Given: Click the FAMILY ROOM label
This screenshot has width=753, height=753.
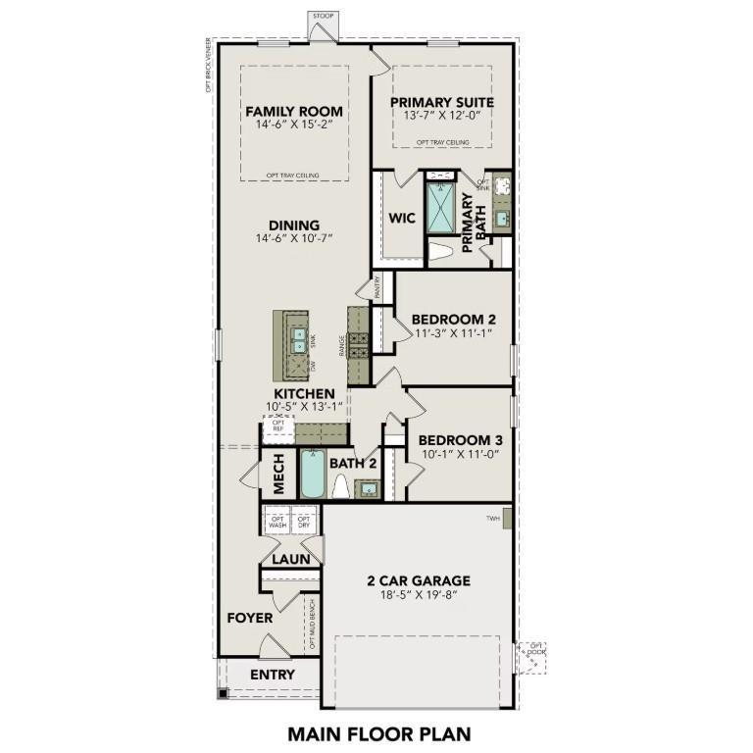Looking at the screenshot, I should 294,110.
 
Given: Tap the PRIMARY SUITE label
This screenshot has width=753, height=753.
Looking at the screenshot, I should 441,102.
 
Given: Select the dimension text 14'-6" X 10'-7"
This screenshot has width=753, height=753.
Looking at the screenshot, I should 294,238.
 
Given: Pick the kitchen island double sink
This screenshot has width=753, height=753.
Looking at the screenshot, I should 297,339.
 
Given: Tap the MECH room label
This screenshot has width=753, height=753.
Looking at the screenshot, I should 278,475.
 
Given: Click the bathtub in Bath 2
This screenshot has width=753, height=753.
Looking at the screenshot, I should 312,474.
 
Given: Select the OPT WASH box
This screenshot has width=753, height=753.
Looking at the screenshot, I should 277,522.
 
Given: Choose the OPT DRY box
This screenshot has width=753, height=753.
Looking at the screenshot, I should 304,522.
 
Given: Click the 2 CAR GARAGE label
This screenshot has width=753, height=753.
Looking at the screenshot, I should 419,579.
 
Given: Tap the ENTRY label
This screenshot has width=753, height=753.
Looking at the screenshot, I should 272,675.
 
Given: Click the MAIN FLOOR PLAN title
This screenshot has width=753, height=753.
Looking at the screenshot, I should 378,732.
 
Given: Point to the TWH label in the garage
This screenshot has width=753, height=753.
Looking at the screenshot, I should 494,518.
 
